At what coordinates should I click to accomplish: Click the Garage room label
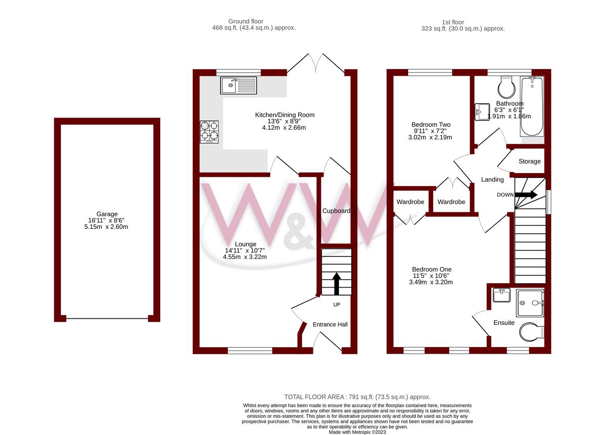point(107,214)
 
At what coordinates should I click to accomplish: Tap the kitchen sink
point(238,85)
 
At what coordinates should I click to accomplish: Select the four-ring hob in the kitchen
point(209,132)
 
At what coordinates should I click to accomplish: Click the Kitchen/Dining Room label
point(285,115)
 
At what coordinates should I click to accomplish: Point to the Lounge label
point(246,244)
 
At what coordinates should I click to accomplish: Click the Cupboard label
point(336,211)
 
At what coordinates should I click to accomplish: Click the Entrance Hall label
point(330,325)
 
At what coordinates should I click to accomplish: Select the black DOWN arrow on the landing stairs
point(526,195)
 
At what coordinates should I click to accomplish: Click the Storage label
point(529,162)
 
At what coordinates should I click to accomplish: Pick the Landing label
point(492,180)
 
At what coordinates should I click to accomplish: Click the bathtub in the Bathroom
point(532,106)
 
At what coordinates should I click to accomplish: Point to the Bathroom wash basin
point(481,112)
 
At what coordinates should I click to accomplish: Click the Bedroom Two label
point(431,125)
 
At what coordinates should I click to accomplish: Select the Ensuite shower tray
point(530,303)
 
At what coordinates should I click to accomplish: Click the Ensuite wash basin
point(502,294)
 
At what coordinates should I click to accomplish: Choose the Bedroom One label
point(432,269)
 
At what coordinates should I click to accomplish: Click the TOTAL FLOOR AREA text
point(357,397)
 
